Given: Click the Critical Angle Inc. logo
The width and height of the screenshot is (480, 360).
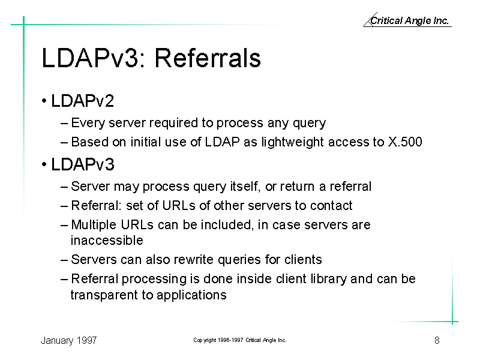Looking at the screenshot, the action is point(407,20).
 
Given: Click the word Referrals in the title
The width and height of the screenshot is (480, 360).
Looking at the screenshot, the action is point(208,58).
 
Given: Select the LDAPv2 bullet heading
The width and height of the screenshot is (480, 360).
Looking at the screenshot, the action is point(82,101).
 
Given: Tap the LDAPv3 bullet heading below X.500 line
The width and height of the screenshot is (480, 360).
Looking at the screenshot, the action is point(83,164).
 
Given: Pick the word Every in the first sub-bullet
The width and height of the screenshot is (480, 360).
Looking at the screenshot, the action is point(88,123).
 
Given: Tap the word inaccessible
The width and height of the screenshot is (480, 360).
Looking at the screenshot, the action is point(107,241).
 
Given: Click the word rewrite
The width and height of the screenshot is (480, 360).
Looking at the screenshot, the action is point(193,260).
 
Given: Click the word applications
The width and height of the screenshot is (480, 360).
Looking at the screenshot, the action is point(191,295).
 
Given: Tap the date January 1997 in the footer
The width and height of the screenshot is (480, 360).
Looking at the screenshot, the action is point(69,340).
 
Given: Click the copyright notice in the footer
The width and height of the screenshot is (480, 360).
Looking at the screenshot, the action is point(240,340).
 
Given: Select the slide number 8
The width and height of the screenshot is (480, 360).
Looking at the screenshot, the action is point(437,340).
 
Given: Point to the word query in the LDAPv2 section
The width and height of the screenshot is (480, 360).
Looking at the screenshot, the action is point(309,123).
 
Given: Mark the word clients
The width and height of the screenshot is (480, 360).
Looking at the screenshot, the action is point(303,260).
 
